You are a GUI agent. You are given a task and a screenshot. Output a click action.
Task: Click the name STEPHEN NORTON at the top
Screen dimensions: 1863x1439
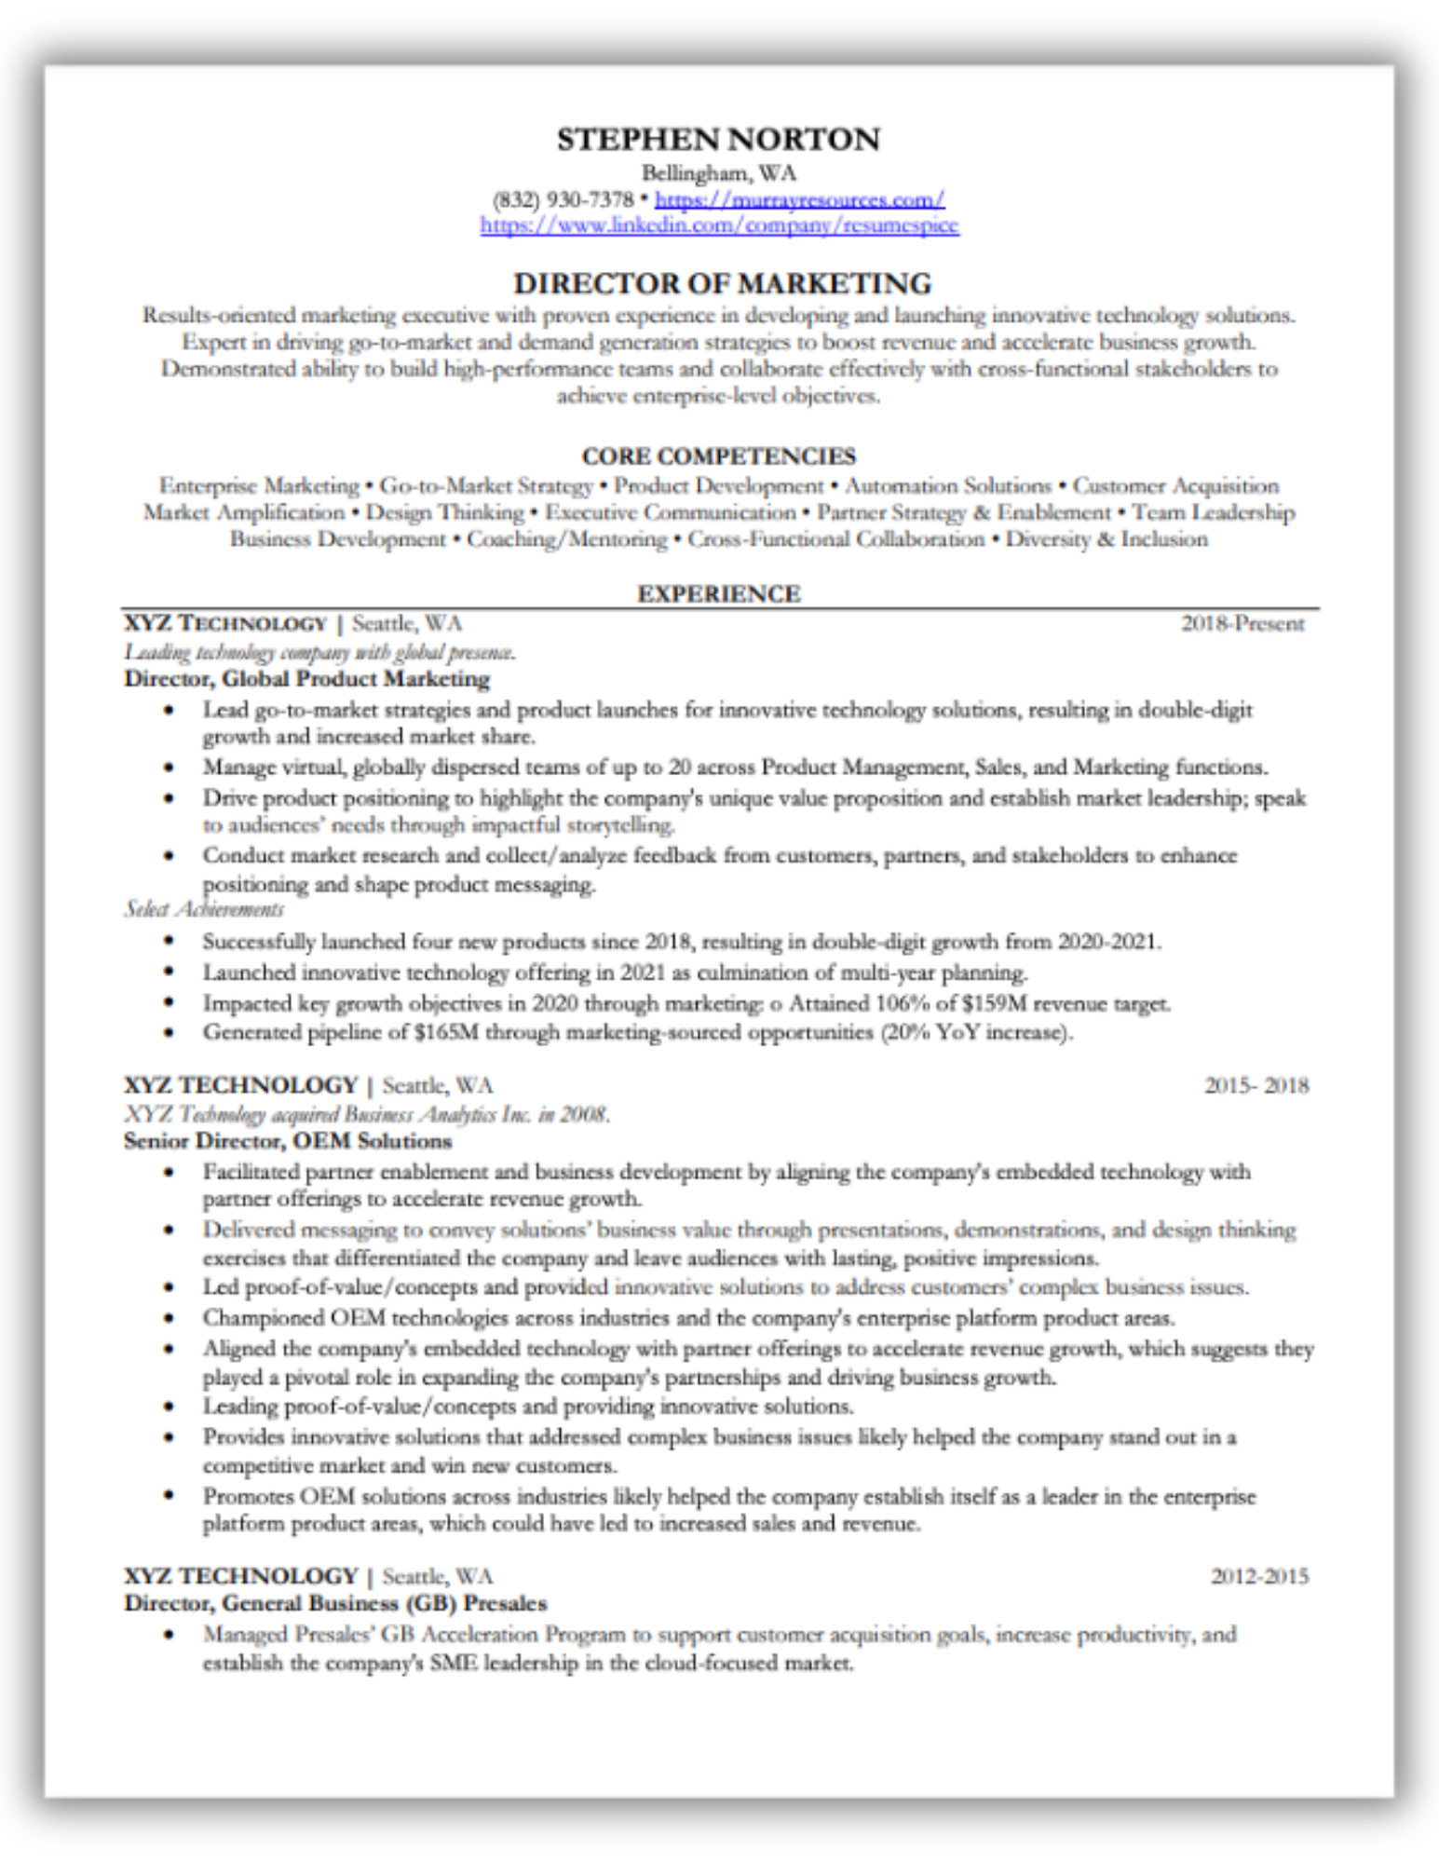coord(718,140)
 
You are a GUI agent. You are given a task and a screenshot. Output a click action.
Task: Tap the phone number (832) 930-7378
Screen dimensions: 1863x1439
coord(563,199)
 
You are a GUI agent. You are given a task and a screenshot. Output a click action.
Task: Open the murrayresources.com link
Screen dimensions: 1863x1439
coord(799,199)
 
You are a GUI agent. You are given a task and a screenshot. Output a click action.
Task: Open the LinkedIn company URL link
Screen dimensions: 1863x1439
coord(719,225)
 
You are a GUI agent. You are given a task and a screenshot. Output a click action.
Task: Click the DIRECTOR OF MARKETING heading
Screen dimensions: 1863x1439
coord(722,283)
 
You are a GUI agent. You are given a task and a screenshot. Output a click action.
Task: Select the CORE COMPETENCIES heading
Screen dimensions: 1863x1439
coord(718,456)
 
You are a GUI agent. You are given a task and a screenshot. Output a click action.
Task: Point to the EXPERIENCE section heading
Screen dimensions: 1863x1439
coord(718,594)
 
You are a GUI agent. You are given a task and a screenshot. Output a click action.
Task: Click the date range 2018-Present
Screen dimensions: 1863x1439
coord(1242,624)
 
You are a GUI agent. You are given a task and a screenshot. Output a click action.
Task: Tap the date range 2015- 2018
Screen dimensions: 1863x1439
coord(1256,1086)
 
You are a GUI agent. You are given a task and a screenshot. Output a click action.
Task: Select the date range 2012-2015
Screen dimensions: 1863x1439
coord(1259,1576)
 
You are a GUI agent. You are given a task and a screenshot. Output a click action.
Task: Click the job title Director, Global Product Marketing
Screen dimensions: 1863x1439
coord(307,679)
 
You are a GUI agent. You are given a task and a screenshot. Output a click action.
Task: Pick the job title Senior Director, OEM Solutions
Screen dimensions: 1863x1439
coord(288,1141)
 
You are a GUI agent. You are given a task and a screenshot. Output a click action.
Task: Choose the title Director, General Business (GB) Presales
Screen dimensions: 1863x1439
coord(335,1603)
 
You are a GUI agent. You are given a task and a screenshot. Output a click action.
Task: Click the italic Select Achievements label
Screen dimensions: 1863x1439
coord(204,910)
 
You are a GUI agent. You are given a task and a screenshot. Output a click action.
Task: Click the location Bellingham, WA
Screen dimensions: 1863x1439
coord(718,173)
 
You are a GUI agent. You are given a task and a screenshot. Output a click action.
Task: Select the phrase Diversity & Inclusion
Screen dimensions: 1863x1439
coord(1106,539)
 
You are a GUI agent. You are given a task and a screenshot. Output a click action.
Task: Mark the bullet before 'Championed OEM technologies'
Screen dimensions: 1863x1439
coord(169,1318)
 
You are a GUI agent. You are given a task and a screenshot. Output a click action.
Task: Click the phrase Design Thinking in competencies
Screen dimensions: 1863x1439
coord(444,512)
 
